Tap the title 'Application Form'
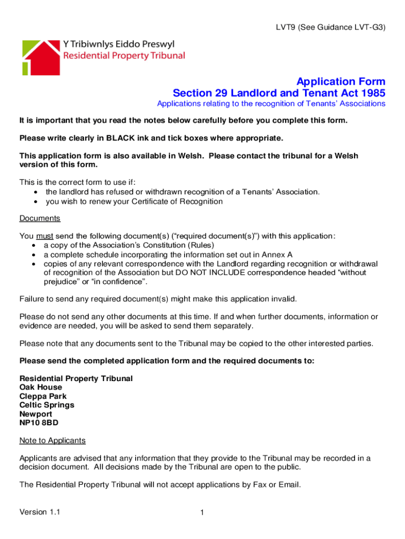341,82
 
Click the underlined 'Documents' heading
40,218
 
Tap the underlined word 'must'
44,236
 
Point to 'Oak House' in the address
40,387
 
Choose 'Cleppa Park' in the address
43,396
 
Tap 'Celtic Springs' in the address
47,405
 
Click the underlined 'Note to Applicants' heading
53,441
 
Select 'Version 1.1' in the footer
39,512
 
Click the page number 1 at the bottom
202,513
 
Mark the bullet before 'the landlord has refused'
35,192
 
